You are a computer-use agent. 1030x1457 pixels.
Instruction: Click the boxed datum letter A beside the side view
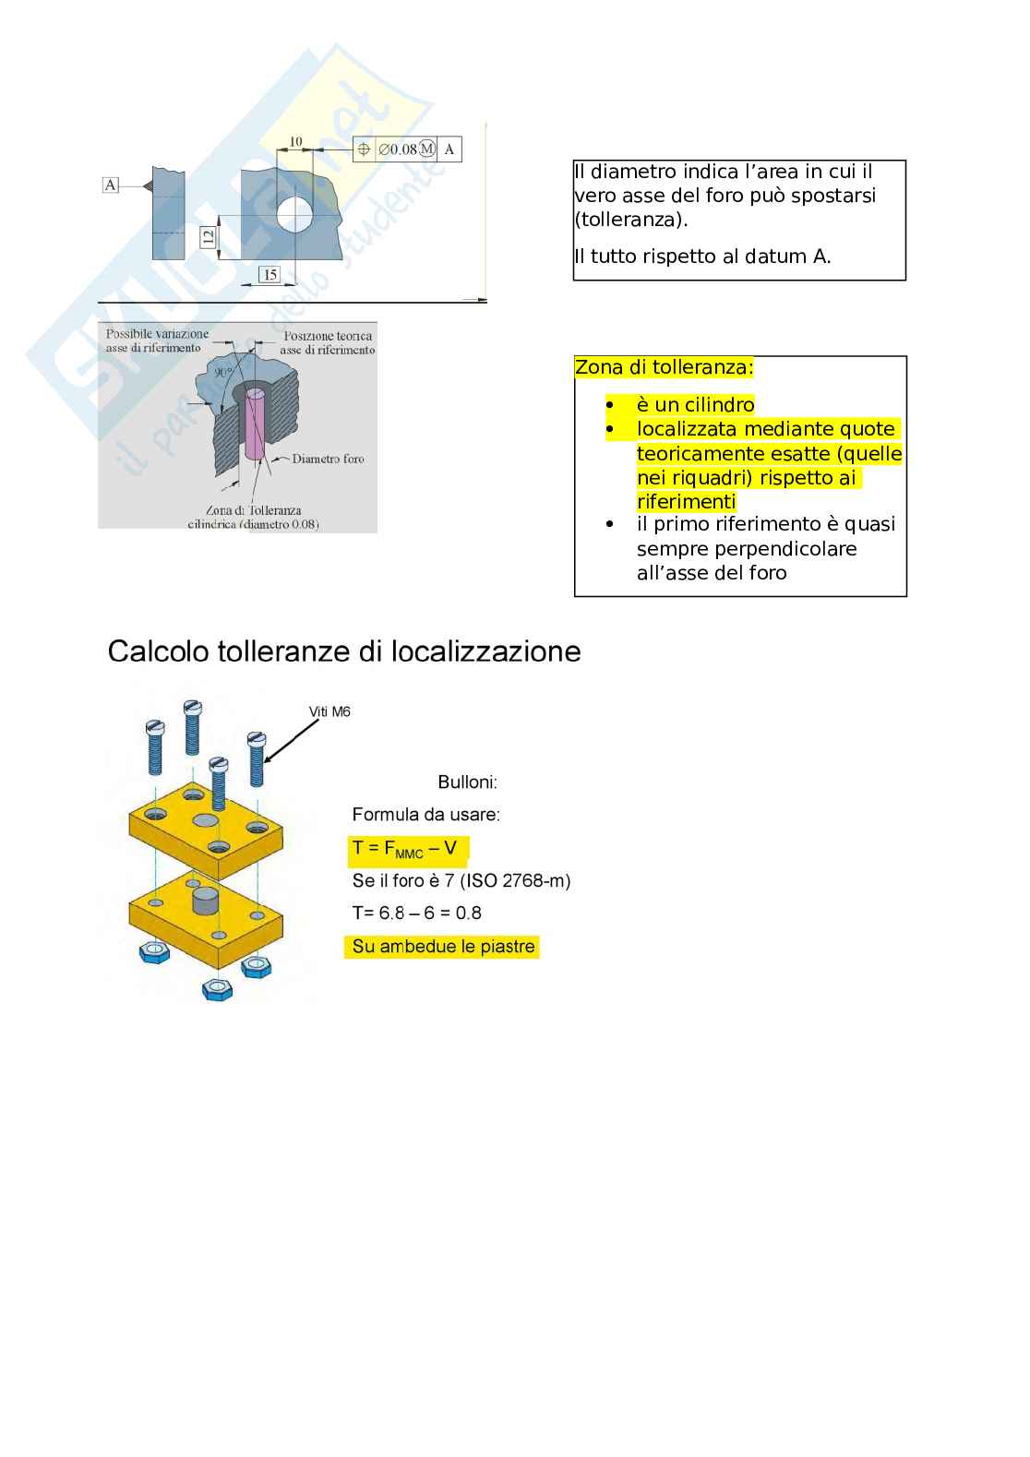click(111, 185)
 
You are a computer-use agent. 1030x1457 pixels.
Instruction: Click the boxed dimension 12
click(208, 236)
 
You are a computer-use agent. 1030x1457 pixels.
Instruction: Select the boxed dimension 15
click(269, 274)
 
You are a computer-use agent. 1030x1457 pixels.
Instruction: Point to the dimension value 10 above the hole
click(295, 142)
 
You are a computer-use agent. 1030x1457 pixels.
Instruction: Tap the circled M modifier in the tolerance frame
click(426, 149)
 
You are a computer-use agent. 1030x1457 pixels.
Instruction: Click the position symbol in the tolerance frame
click(364, 149)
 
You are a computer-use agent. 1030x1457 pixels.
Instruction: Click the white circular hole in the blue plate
click(295, 214)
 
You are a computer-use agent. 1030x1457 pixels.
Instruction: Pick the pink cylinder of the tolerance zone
click(255, 424)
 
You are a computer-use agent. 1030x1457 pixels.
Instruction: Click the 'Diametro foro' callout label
click(328, 459)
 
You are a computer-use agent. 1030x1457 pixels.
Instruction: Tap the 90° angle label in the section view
click(223, 373)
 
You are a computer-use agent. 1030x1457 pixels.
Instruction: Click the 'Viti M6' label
click(329, 711)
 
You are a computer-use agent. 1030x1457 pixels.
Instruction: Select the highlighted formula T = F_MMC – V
click(405, 849)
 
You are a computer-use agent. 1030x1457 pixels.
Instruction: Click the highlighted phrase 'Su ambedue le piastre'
click(443, 947)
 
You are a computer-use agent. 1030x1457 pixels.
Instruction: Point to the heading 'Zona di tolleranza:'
click(664, 367)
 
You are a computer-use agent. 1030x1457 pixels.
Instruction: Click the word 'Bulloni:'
click(467, 782)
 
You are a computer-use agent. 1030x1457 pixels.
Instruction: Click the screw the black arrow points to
click(257, 759)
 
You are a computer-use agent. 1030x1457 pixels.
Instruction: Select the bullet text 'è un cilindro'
click(695, 405)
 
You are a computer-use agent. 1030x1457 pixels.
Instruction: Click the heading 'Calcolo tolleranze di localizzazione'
click(344, 651)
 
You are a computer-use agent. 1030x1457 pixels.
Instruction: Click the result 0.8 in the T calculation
click(469, 914)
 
